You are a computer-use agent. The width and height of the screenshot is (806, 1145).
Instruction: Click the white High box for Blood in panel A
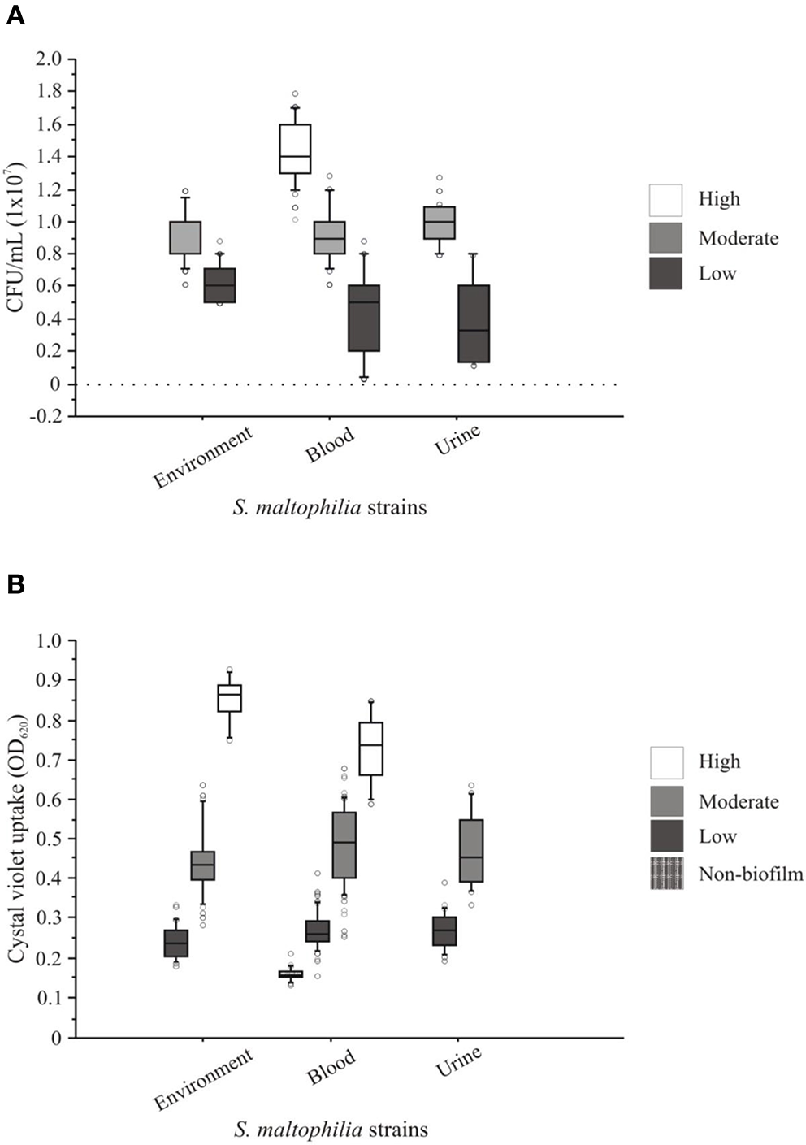tap(295, 149)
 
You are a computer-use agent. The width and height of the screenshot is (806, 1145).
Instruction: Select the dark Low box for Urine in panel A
tap(474, 323)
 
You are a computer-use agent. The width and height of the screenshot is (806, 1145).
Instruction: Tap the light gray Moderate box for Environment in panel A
tap(185, 237)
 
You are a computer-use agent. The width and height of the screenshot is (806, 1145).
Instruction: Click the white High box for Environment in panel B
tap(229, 698)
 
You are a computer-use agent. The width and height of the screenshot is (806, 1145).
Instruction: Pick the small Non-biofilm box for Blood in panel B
tap(290, 974)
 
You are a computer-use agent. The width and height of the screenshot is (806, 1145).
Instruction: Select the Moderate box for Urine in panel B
tap(471, 850)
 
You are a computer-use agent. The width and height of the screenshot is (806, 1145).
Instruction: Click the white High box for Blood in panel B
tap(370, 748)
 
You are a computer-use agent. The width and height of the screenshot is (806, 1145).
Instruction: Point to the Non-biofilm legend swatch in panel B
tap(666, 873)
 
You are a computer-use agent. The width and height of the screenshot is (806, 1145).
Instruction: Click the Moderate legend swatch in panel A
tap(665, 237)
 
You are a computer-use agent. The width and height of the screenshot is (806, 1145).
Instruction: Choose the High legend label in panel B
tap(719, 761)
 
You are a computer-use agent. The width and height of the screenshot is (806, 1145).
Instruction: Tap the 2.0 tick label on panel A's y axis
tap(49, 59)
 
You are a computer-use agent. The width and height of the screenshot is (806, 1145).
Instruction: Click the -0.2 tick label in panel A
tap(47, 417)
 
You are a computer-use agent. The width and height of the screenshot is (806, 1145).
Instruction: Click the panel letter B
tap(15, 584)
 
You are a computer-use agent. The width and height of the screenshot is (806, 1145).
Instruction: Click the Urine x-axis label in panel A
tap(457, 440)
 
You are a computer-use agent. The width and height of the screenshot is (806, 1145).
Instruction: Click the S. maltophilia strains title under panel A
tap(329, 508)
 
